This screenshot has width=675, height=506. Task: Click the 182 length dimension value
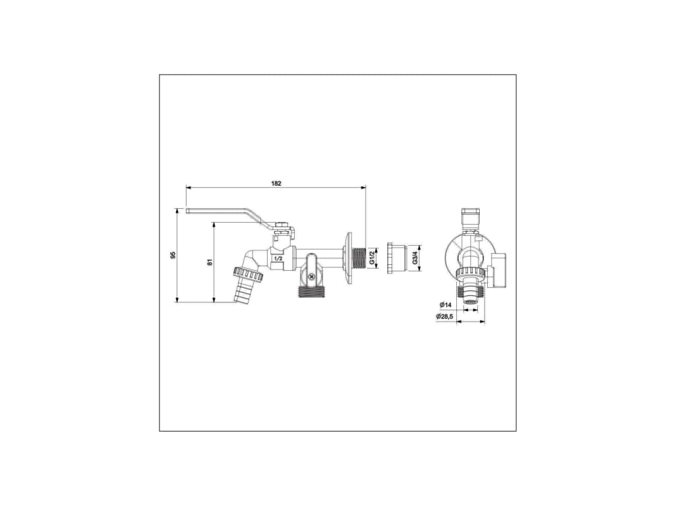pyautogui.click(x=276, y=183)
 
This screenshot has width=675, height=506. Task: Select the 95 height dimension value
pyautogui.click(x=173, y=255)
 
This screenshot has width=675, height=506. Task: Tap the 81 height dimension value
pyautogui.click(x=210, y=262)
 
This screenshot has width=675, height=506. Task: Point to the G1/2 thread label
pyautogui.click(x=372, y=258)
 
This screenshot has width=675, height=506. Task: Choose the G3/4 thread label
pyautogui.click(x=415, y=258)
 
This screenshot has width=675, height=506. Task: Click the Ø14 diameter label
pyautogui.click(x=445, y=304)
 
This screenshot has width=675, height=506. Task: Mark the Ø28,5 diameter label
pyautogui.click(x=444, y=317)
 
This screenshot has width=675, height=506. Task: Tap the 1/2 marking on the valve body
pyautogui.click(x=278, y=258)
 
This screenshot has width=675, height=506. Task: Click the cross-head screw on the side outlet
pyautogui.click(x=311, y=277)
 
